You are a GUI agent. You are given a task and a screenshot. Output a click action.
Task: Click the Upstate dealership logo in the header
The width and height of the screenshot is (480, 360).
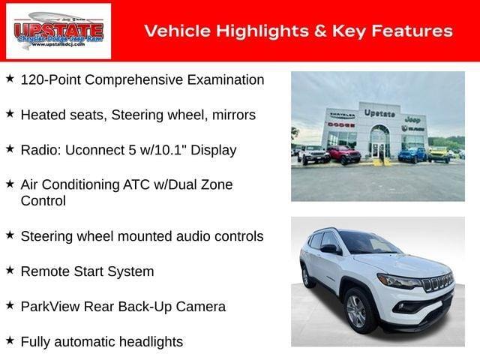point(58,31)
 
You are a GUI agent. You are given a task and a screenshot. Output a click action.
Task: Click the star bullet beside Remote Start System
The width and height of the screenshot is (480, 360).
point(10,270)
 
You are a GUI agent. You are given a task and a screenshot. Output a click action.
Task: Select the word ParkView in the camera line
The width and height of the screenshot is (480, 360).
point(50,307)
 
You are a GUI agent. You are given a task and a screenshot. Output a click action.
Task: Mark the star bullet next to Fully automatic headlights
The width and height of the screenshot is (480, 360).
point(10,340)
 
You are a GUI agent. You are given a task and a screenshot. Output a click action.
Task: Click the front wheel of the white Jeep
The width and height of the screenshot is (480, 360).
point(356,312)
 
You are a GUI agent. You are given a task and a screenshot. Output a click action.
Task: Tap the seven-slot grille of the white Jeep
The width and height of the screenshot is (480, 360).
point(439,283)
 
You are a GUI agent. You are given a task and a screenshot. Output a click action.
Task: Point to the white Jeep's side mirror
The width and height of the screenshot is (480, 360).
point(328,250)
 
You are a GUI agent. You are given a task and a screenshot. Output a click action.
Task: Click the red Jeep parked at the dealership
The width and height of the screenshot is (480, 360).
point(343,154)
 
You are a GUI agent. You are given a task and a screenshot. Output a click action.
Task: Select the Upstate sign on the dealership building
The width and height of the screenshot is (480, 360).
point(379,113)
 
